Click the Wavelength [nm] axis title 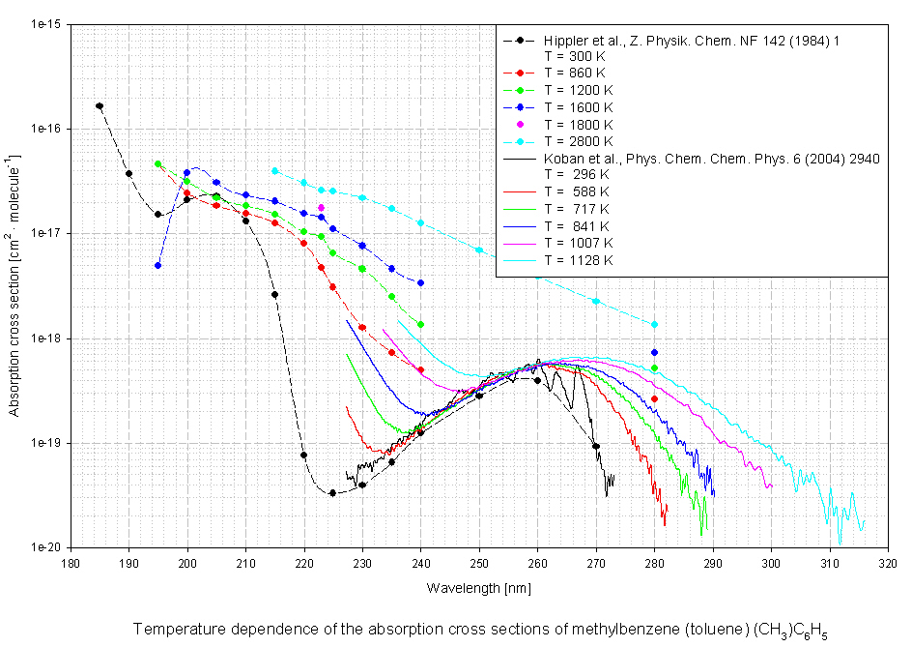coord(479,587)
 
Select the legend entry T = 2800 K coord(578,141)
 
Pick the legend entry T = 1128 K coord(578,259)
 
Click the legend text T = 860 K coord(575,73)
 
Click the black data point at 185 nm coord(100,106)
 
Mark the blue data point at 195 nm coord(158,265)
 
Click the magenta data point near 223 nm coord(322,208)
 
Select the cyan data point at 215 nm coord(275,170)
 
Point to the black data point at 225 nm coord(333,493)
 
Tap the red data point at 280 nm coord(655,399)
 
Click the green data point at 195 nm coord(158,164)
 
